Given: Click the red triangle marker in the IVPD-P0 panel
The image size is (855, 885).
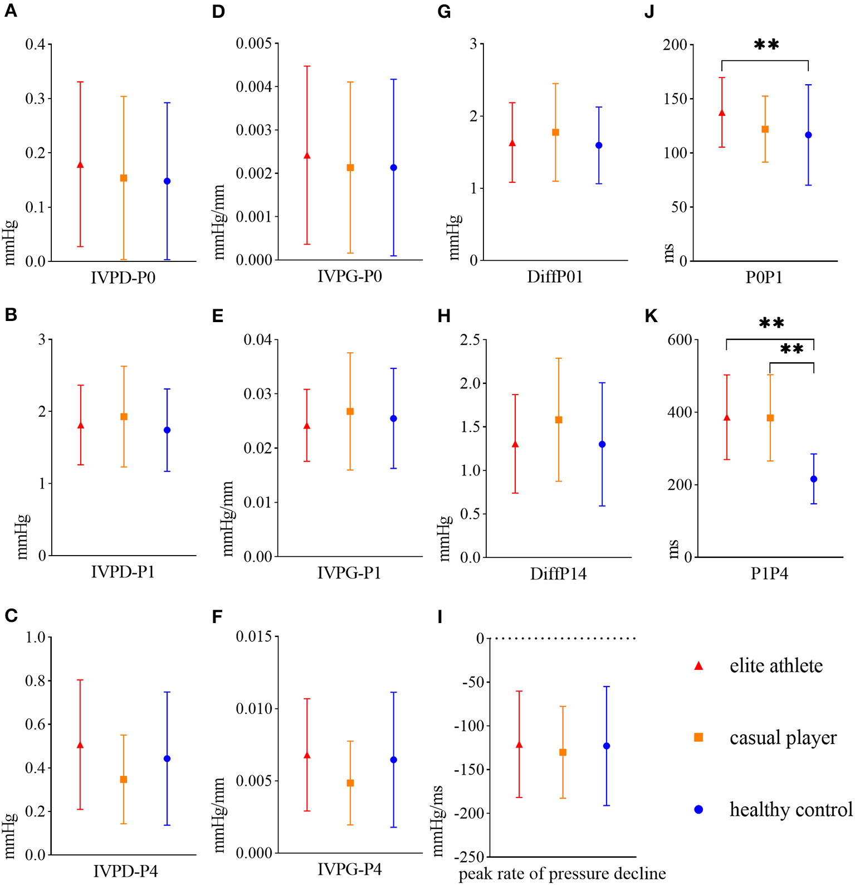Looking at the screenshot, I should [80, 165].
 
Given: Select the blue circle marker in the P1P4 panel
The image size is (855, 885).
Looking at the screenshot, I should [814, 479].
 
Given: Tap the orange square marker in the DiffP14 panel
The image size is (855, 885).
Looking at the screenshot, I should [559, 420].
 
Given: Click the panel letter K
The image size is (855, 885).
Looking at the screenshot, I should [651, 317].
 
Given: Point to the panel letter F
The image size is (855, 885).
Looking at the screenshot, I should [217, 616].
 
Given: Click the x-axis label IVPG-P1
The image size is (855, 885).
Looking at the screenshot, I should [349, 573].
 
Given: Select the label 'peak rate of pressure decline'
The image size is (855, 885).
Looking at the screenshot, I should [562, 874].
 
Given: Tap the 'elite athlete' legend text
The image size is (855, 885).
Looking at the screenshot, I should [776, 666].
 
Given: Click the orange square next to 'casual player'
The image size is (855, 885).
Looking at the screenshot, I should [698, 737].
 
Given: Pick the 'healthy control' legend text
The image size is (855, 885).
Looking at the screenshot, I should [791, 809].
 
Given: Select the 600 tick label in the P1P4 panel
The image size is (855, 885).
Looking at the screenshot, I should [680, 340].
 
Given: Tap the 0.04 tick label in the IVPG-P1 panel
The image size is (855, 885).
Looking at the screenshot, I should [258, 340].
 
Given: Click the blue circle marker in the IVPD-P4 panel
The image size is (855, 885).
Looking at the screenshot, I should [167, 758].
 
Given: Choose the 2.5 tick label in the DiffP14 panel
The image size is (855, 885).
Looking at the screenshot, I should [470, 340].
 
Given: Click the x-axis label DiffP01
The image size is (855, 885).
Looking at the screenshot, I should [555, 277].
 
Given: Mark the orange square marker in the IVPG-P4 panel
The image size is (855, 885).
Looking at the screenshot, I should [350, 783].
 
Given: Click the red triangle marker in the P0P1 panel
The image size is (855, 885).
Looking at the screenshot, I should [722, 113].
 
